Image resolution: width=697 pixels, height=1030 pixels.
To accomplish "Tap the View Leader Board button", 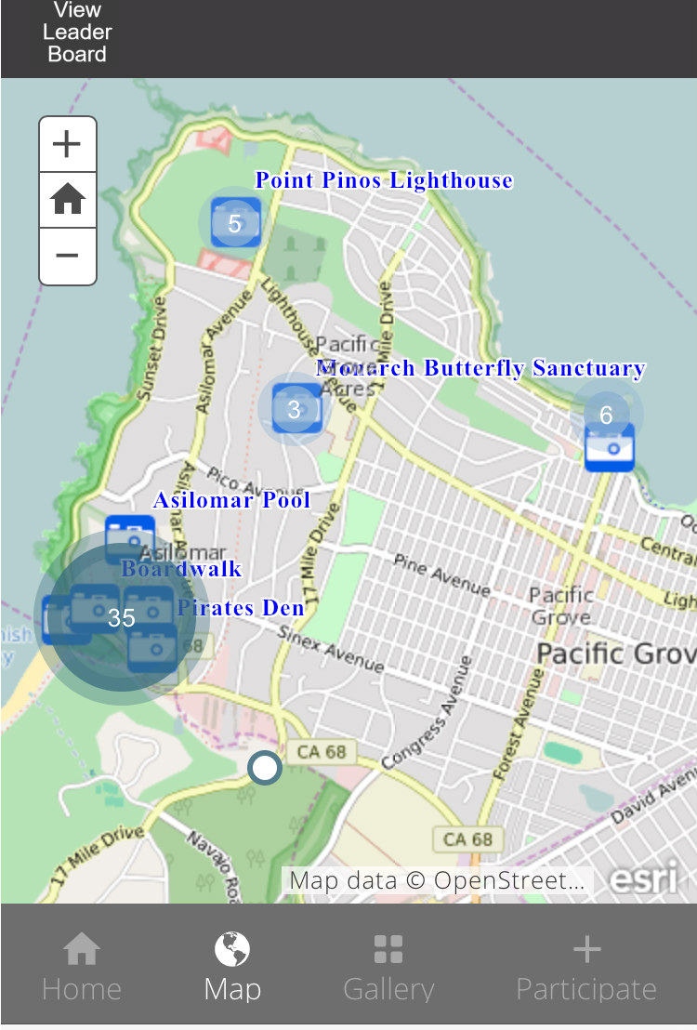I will pos(77,33).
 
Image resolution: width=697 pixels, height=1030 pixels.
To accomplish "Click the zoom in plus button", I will pos(67,144).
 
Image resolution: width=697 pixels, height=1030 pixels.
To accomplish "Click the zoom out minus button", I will pos(67,256).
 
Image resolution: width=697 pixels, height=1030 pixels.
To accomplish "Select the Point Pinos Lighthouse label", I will pos(384,180).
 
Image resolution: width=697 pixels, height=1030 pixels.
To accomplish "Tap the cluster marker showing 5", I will pos(234,223).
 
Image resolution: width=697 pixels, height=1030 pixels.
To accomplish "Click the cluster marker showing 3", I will pos(295,409).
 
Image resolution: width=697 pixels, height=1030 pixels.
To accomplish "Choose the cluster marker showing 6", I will pos(606,416).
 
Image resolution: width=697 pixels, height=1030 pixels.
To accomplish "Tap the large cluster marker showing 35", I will pos(121,617).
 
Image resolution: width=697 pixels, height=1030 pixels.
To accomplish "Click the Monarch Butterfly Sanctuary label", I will pos(480,368).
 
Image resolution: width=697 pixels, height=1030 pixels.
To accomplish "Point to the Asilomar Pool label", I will pos(231,500).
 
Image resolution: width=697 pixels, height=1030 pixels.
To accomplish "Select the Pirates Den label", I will pos(241,608).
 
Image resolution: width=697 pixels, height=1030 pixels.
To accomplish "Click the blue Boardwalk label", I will pos(182,569).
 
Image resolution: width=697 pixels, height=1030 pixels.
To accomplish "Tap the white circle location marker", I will pos(265,768).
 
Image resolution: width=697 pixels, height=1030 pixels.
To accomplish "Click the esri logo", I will pos(642,878).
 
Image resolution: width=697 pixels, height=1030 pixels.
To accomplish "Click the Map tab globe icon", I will pos(232,950).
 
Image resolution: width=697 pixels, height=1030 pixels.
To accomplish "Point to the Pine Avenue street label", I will pos(441,574).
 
